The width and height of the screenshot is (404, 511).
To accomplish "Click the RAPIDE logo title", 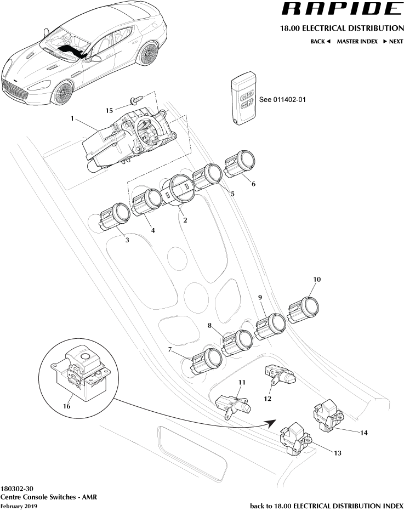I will tap(340, 9).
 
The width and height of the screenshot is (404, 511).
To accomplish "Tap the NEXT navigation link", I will tap(393, 42).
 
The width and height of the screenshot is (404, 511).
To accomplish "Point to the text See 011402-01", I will tap(282, 100).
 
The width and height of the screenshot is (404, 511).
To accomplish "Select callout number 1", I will tap(72, 118).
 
